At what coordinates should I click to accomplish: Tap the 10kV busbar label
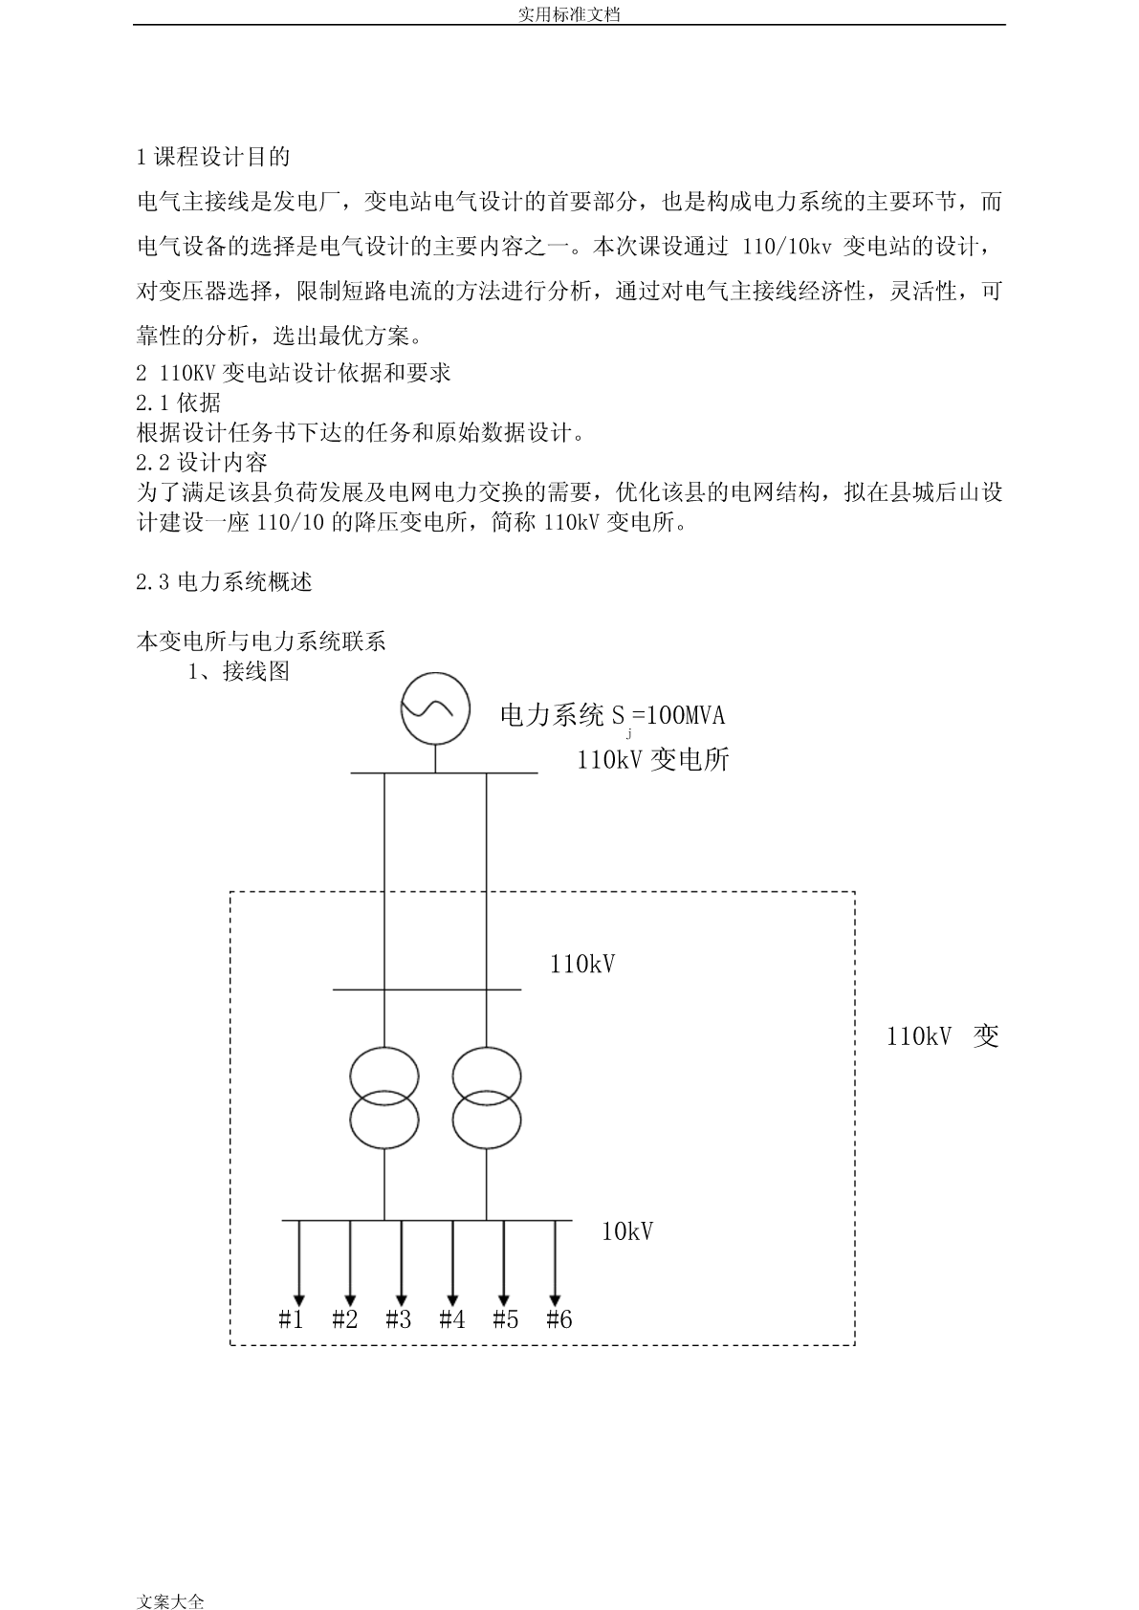tap(627, 1232)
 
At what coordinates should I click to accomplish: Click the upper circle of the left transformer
tap(384, 1048)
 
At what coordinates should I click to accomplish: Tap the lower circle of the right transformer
tap(487, 1148)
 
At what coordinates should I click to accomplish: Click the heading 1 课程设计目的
tap(213, 157)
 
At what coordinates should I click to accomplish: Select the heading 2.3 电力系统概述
tap(225, 581)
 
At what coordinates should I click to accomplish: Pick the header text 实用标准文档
tap(570, 13)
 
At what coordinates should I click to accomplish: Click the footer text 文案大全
tap(170, 1600)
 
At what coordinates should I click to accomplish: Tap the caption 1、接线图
tap(239, 671)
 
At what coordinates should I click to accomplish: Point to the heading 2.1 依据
tap(178, 402)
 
